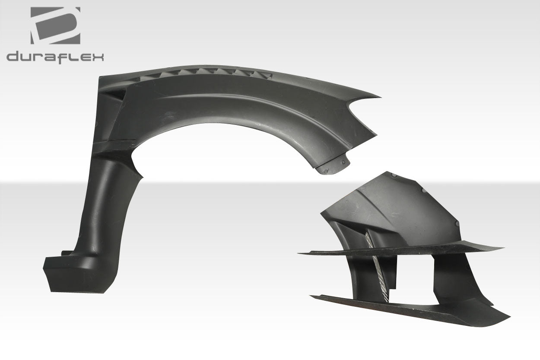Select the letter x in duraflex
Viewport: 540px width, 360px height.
click(98, 57)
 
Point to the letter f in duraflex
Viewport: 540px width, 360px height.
click(64, 57)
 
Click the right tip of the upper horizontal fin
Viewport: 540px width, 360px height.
click(502, 248)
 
